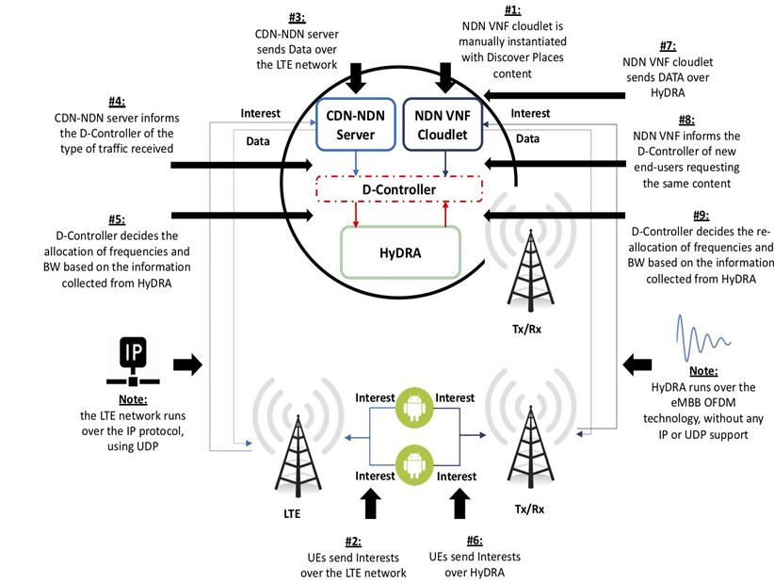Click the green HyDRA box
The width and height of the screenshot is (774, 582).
click(400, 252)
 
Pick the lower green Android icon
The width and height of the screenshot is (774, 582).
click(411, 461)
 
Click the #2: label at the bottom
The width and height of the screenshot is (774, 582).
click(352, 542)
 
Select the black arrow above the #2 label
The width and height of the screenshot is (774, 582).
click(368, 502)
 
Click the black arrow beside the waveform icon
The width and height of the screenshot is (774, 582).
click(638, 363)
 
